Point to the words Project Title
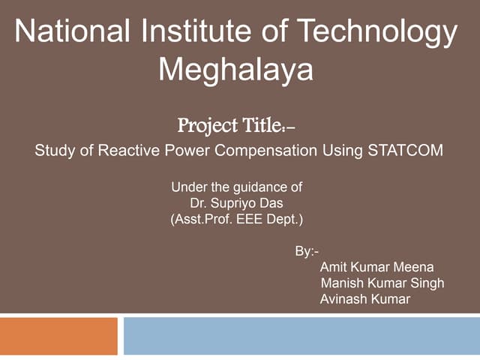pyautogui.click(x=235, y=124)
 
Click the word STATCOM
pyautogui.click(x=405, y=150)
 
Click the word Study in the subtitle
pyautogui.click(x=55, y=150)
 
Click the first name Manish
pyautogui.click(x=340, y=283)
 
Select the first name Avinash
pyautogui.click(x=343, y=300)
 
